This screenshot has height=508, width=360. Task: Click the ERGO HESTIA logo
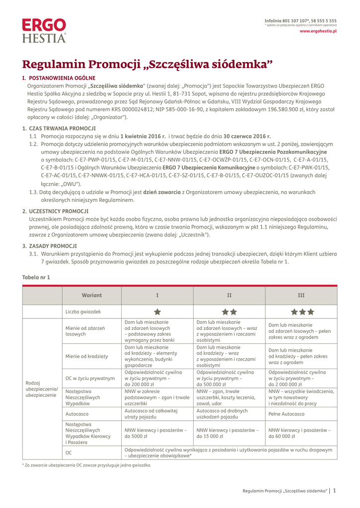44,30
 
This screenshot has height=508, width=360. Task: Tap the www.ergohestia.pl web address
318,31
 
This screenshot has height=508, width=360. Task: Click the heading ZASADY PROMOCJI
53,246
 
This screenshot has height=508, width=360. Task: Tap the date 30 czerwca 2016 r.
247,136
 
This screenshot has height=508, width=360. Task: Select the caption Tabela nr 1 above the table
36,277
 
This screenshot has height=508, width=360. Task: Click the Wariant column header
92,295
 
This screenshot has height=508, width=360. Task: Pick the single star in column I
157,312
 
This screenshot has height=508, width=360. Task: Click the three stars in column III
301,312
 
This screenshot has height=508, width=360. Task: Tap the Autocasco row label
77,413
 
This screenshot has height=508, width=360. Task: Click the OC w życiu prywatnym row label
90,378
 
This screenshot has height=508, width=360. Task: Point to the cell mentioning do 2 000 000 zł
300,378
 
